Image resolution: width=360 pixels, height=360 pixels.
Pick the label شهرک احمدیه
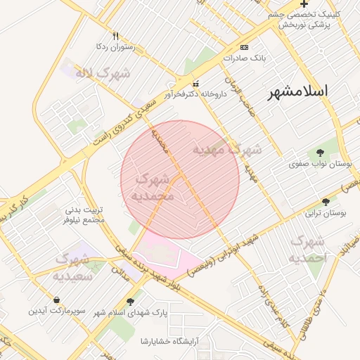[307, 250]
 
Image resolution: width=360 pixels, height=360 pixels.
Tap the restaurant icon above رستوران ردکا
[115, 36]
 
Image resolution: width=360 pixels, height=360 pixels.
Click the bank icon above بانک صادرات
[244, 47]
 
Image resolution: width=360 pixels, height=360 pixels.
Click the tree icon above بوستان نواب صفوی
[321, 153]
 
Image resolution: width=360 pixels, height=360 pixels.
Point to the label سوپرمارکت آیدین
[56, 310]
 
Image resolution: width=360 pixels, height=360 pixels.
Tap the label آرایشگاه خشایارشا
[170, 341]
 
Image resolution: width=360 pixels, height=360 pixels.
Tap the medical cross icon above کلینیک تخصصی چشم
[303, 4]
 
